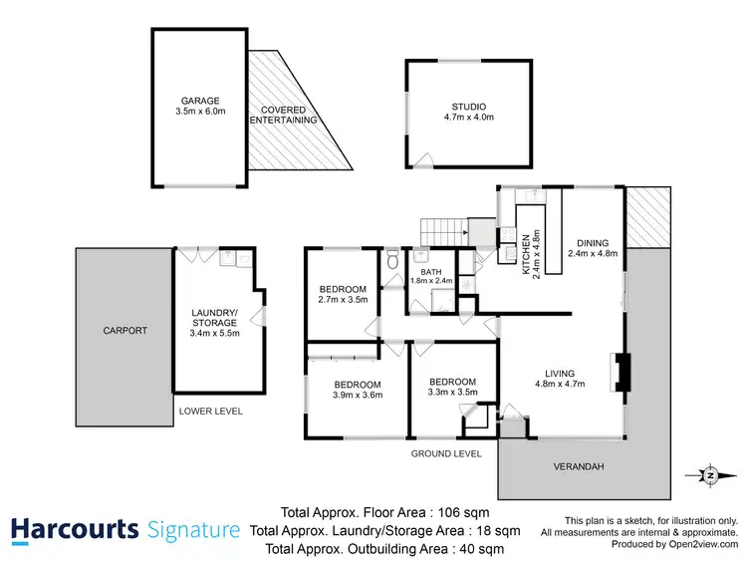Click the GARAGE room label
pos(200,101)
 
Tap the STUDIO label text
pos(460,107)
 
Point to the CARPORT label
pos(124,330)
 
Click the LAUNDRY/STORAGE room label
pos(214,317)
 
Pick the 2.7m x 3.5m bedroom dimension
pos(343,299)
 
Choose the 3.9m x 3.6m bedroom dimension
pos(357,395)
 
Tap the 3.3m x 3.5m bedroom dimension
pos(452,392)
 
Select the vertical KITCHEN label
pos(526,256)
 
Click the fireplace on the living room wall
pos(620,371)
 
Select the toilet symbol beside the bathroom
pos(393,262)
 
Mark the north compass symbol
pos(708,475)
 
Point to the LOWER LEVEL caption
pos(210,411)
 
